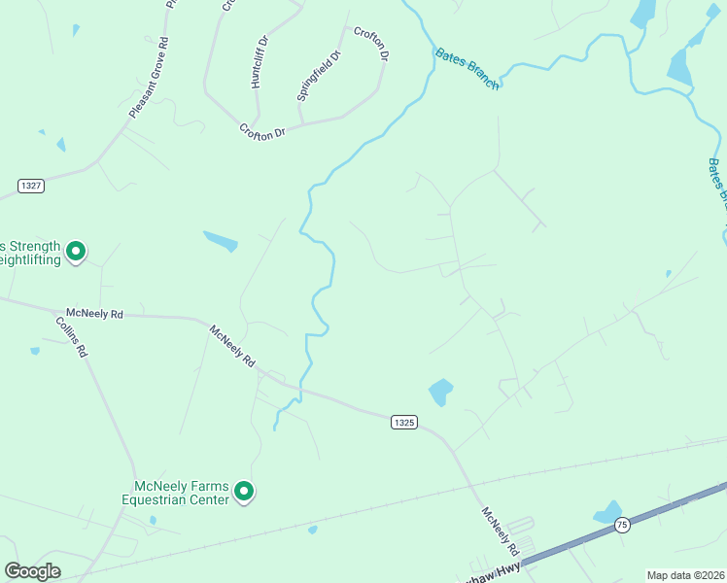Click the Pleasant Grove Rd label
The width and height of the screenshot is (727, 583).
coord(150,79)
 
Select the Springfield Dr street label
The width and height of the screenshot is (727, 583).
coord(318,76)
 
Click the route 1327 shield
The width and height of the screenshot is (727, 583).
coord(30,185)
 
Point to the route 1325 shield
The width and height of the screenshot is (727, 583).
coord(404,422)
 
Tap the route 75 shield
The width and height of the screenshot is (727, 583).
coord(622,525)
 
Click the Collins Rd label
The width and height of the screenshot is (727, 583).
coord(72,337)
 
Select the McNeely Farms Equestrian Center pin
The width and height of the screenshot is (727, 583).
coord(245,494)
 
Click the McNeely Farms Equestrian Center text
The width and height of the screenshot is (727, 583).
coord(181,493)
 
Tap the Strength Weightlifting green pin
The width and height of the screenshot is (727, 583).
coord(76,252)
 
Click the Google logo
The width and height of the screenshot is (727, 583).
coord(32,571)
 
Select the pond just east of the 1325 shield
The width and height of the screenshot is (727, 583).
coord(440,392)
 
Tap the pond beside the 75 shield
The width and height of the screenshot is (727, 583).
coord(608,512)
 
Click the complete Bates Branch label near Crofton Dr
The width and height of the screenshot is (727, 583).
coord(467,69)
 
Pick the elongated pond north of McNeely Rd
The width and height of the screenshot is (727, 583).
coord(220,240)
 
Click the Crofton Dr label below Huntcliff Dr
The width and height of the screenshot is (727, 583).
coord(262,130)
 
